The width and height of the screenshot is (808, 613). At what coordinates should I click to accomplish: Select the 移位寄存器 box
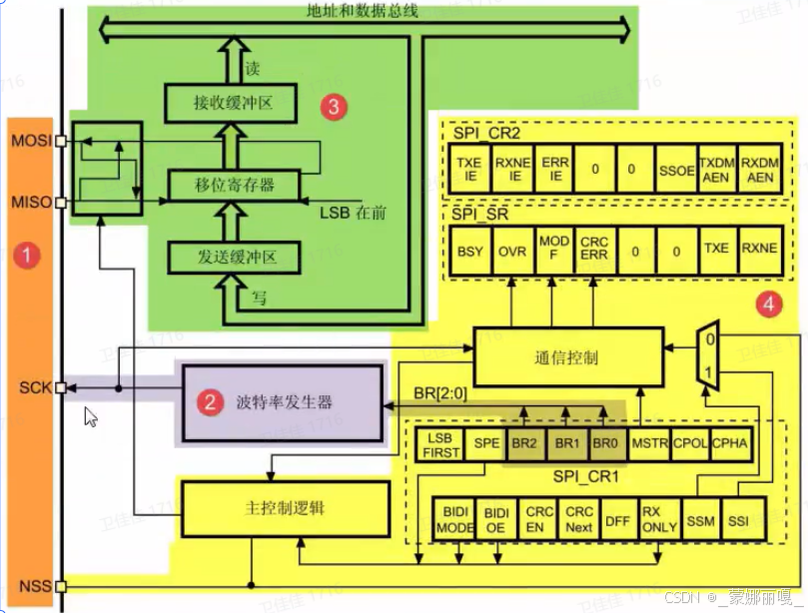tap(234, 184)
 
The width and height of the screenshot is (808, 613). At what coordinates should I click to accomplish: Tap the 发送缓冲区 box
tap(234, 258)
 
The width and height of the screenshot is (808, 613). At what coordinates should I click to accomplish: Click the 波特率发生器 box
tap(282, 403)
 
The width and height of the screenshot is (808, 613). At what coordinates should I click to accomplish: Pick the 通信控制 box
tap(566, 356)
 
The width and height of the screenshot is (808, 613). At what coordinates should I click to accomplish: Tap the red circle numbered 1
tap(29, 256)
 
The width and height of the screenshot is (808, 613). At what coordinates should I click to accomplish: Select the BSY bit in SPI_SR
tap(469, 252)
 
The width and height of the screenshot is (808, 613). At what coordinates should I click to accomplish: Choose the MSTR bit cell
tap(649, 444)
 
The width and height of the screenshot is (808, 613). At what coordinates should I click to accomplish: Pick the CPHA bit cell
tap(728, 444)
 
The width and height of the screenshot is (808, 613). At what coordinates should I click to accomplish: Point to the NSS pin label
tap(29, 586)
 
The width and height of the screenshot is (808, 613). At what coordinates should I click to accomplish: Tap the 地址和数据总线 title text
tap(362, 10)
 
